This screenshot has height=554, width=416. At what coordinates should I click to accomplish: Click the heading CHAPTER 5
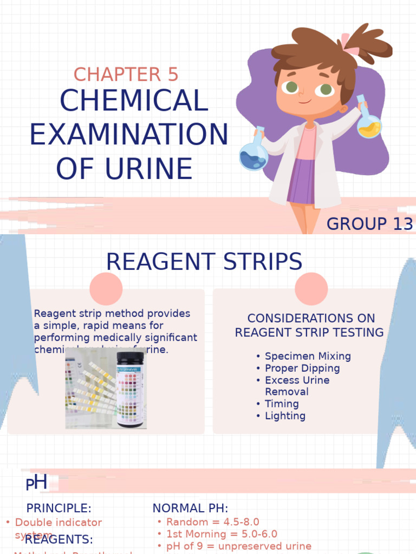[126, 75]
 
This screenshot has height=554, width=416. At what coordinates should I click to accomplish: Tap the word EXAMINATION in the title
[129, 135]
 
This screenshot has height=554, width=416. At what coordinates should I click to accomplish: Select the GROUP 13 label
[370, 223]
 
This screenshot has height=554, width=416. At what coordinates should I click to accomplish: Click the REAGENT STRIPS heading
[204, 262]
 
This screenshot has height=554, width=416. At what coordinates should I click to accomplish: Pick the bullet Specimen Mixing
[307, 356]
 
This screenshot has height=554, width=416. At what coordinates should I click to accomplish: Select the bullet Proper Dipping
[302, 368]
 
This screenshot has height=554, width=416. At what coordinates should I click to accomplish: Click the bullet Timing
[281, 404]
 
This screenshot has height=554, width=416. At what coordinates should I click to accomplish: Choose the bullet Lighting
[285, 415]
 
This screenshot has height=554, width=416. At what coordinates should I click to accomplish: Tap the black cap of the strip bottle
[131, 358]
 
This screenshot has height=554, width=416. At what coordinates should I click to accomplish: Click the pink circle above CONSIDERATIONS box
[311, 288]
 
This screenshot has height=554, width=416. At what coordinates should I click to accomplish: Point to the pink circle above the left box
[106, 288]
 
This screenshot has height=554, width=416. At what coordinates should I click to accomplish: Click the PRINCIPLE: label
[58, 508]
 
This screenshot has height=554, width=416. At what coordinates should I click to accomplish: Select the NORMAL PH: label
[190, 508]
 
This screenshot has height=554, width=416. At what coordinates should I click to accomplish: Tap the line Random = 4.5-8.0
[212, 522]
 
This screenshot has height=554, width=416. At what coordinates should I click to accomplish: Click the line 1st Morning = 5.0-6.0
[222, 534]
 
